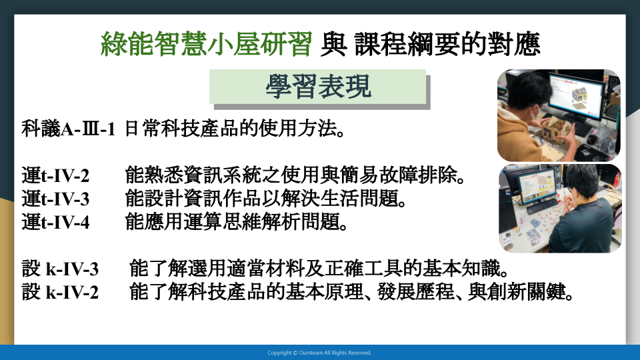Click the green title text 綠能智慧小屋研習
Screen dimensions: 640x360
click(206, 44)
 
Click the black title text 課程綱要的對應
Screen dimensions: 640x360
click(447, 44)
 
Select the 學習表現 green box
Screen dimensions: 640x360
click(317, 87)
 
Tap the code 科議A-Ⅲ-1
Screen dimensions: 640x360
click(68, 129)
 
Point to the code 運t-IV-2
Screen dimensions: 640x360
click(55, 176)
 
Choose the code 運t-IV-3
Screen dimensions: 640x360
click(55, 199)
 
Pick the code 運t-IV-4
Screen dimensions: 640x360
click(55, 223)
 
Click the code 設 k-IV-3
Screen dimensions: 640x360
click(60, 269)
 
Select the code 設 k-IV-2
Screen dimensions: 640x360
click(60, 292)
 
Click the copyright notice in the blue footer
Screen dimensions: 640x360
click(319, 353)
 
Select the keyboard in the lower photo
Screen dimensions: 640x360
click(541, 206)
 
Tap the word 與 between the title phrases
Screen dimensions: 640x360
click(333, 44)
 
